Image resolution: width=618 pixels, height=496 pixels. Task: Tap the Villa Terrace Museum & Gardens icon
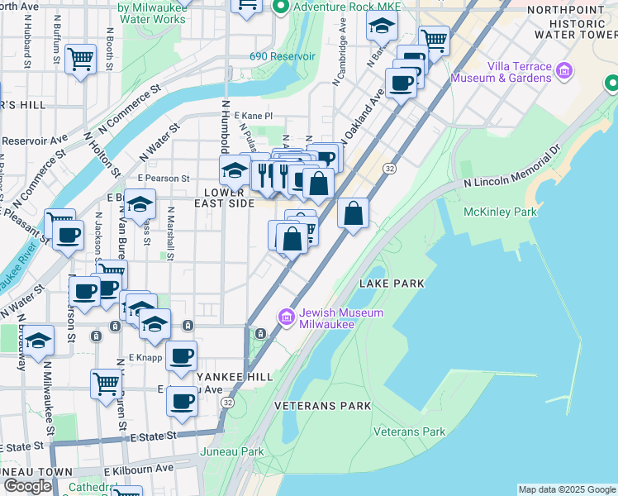coord(565,70)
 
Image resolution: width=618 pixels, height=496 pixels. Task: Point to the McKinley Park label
coord(500,212)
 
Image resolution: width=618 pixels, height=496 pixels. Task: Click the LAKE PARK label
coord(392,284)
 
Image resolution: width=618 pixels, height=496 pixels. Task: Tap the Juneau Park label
coord(232,452)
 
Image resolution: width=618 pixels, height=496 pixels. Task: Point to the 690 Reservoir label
coord(283,56)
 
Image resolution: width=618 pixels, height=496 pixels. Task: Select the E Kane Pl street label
coord(253,117)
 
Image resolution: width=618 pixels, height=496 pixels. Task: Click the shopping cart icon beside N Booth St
coord(81,58)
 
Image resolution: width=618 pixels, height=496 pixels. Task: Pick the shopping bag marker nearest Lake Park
coord(353,214)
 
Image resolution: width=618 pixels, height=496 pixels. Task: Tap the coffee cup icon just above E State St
coord(183,402)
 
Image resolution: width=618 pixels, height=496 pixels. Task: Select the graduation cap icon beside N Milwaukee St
coord(38,340)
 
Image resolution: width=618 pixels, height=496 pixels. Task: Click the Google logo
coord(27,486)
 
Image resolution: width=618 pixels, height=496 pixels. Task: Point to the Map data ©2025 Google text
coord(567,489)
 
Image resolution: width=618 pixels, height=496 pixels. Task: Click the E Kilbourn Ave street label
coord(139,468)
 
